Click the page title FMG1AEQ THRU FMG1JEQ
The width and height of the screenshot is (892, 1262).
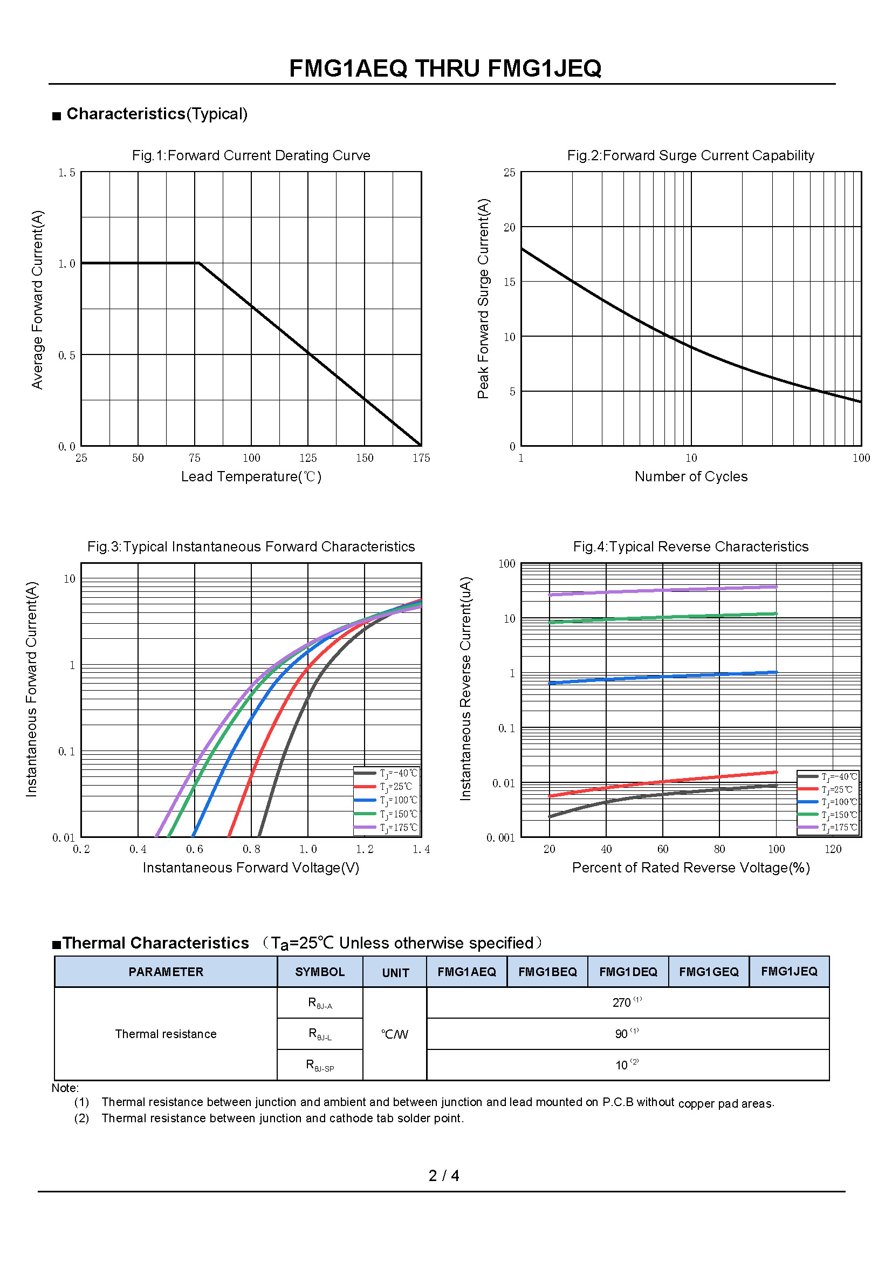point(445,69)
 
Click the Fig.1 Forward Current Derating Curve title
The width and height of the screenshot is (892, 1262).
point(251,155)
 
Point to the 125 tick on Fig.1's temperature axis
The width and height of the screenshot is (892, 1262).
point(307,458)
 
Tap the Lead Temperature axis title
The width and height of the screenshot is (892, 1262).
point(251,476)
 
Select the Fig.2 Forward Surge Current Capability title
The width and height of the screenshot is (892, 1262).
point(690,155)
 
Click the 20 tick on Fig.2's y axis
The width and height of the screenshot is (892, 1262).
point(510,227)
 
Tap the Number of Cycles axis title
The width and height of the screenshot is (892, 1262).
point(690,476)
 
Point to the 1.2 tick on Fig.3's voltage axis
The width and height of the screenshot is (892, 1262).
point(364,849)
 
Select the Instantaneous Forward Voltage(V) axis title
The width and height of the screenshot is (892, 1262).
point(251,868)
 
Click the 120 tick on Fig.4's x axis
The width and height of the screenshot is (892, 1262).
point(833,849)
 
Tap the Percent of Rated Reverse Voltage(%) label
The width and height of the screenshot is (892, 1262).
point(690,868)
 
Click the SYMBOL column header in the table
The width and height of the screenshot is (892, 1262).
point(320,972)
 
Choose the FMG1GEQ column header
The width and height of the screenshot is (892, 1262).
point(709,972)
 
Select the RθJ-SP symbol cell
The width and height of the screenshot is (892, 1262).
point(320,1065)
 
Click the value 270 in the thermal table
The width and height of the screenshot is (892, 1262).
point(622,1002)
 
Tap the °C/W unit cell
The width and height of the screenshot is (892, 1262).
point(394,1034)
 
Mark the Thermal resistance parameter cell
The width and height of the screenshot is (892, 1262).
point(166,1034)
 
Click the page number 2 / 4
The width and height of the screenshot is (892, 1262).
point(444,1176)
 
